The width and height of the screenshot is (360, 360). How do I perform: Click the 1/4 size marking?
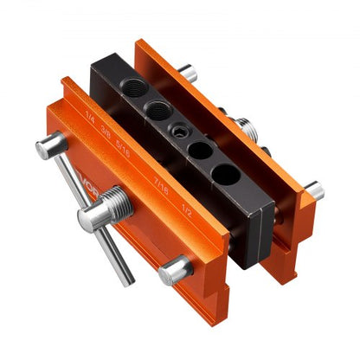pos(90,115)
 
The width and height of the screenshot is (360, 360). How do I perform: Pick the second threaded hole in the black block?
pos(158,108)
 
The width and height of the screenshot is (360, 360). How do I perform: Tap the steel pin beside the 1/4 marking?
pos(51,146)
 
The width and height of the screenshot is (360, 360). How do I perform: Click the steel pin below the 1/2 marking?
pos(176,270)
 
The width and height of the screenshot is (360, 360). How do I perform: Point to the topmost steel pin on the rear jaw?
pos(188,73)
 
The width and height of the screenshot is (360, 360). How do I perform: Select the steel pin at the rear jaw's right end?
pos(313,190)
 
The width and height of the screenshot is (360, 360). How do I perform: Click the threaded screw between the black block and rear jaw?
pos(249,129)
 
